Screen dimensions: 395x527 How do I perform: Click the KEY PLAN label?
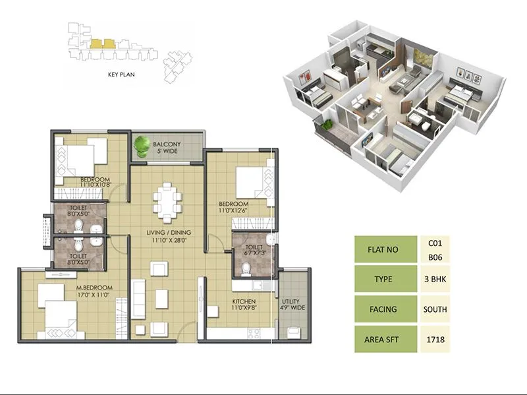[x=121, y=75]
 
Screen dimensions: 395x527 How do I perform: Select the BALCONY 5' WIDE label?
[x=167, y=148]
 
